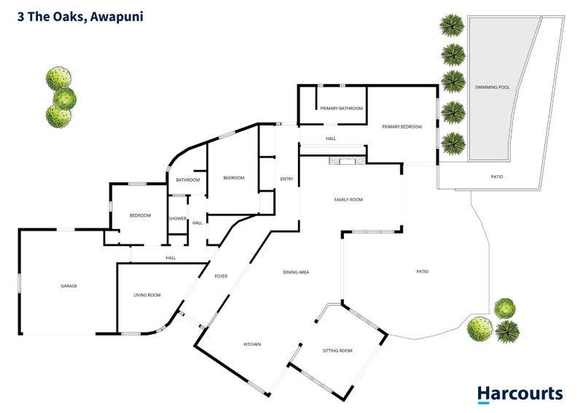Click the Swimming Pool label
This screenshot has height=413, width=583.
click(x=492, y=87)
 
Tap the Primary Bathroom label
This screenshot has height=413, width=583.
click(x=341, y=109)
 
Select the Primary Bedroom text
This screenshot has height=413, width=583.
click(x=402, y=127)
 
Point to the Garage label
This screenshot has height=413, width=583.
click(x=69, y=286)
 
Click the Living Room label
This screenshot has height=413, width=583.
click(x=147, y=295)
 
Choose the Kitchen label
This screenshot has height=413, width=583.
click(x=252, y=344)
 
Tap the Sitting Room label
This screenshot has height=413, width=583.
click(x=337, y=350)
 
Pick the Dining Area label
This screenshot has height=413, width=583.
click(x=296, y=272)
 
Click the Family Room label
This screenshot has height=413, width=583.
click(x=348, y=200)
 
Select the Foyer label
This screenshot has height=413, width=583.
click(x=221, y=277)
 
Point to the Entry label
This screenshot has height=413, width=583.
click(x=286, y=179)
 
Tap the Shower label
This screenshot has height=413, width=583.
click(x=177, y=219)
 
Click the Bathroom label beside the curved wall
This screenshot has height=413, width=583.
click(x=188, y=180)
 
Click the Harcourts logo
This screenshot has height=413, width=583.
click(x=520, y=395)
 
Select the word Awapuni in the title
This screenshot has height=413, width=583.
click(x=117, y=17)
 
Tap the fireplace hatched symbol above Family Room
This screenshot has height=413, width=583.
click(x=348, y=161)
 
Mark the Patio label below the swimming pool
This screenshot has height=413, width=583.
click(x=497, y=177)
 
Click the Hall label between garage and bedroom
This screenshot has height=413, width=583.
click(x=171, y=258)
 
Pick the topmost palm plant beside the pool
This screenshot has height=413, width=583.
click(x=452, y=26)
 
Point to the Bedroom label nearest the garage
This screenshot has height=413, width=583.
click(x=140, y=215)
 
